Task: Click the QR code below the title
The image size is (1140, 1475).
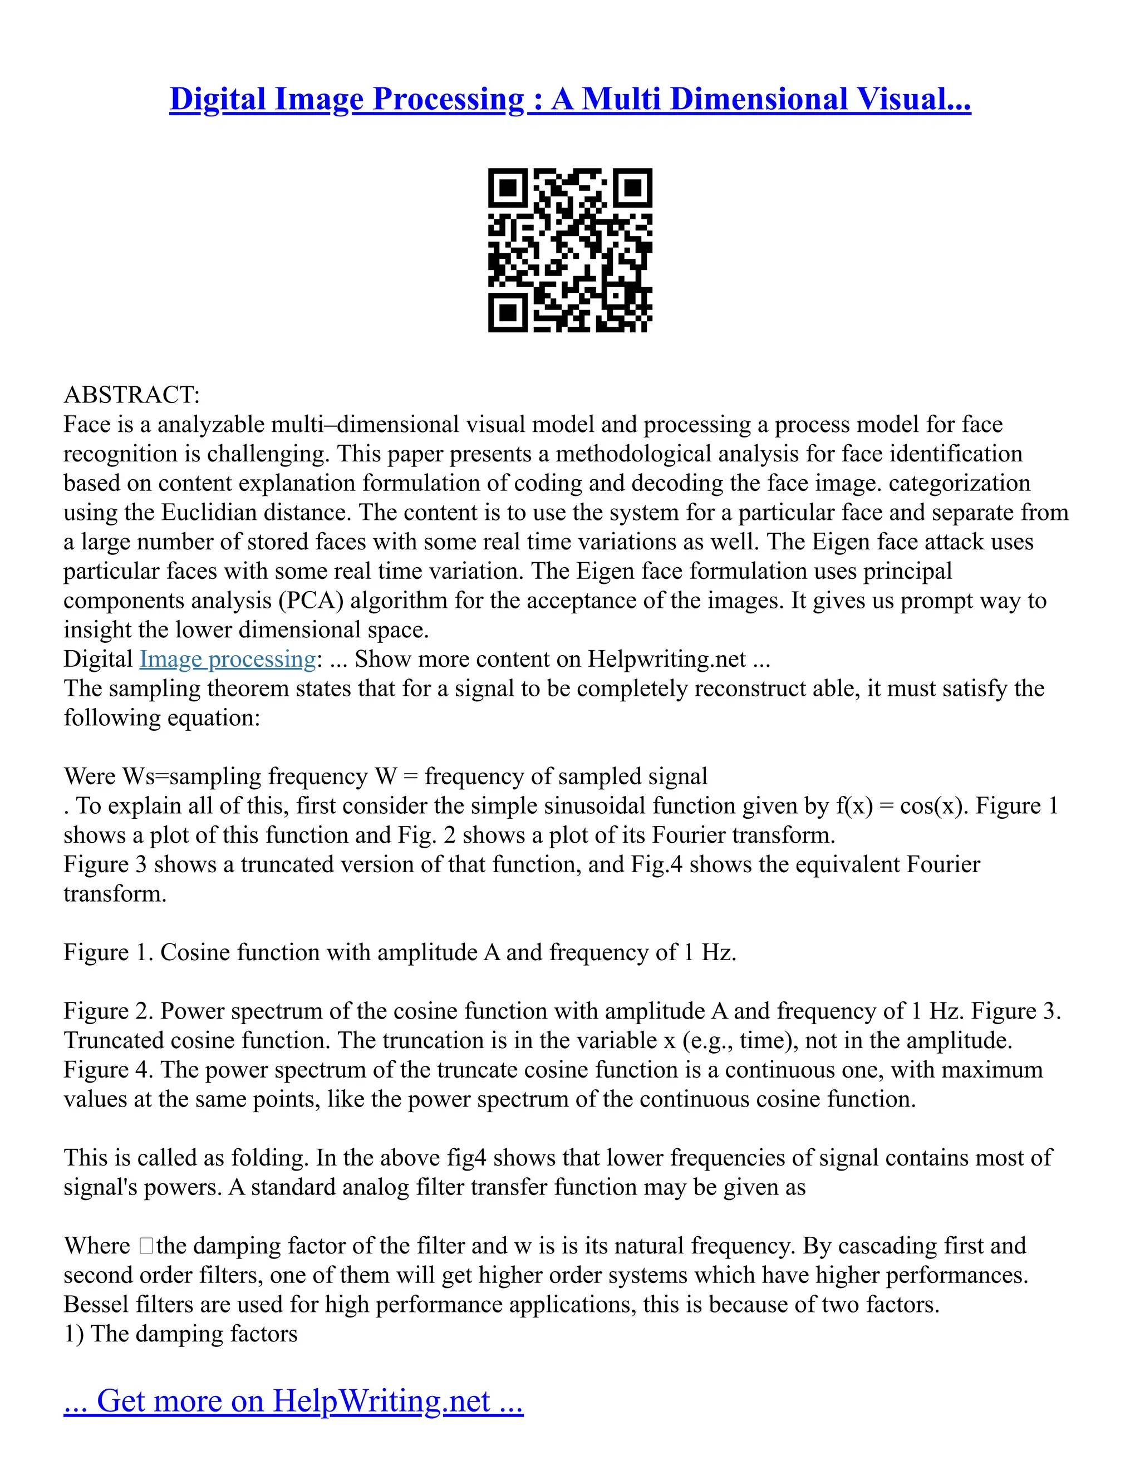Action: click(570, 250)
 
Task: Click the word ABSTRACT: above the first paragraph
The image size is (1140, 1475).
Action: click(132, 395)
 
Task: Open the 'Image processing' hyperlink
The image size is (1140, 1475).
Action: click(228, 658)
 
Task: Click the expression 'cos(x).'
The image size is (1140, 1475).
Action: click(935, 806)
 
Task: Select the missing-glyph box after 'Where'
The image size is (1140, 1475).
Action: click(146, 1246)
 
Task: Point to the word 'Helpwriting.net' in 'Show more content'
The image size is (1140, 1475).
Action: click(666, 658)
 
